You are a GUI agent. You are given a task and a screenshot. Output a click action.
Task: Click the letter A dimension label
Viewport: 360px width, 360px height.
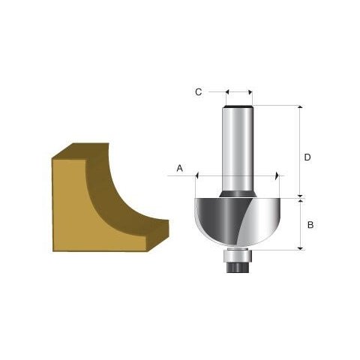pyautogui.click(x=180, y=169)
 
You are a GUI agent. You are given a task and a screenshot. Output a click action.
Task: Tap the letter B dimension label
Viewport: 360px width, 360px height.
pyautogui.click(x=310, y=223)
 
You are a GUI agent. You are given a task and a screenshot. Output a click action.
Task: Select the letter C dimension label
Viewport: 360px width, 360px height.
pyautogui.click(x=198, y=92)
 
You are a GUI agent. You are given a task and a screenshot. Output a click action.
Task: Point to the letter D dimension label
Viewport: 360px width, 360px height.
pyautogui.click(x=307, y=157)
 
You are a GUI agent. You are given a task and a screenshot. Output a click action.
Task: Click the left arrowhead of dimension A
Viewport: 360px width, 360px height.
pyautogui.click(x=197, y=175)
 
